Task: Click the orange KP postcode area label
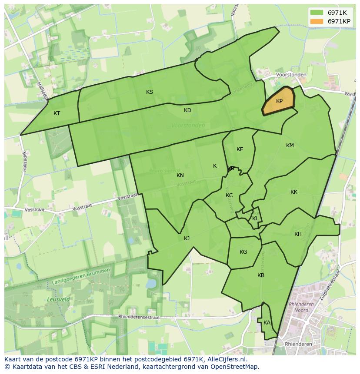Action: [x=279, y=101]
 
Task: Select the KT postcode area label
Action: [x=57, y=113]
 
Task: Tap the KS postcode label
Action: [x=150, y=92]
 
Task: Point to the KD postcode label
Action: [x=187, y=110]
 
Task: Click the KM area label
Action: [x=290, y=146]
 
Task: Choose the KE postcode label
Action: [x=240, y=149]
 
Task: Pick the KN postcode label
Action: [x=180, y=175]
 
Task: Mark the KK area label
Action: [x=294, y=192]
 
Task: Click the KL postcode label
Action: [x=255, y=218]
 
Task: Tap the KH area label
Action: [x=298, y=234]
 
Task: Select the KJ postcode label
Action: [x=187, y=238]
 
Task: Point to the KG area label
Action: [x=243, y=252]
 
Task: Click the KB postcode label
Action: [x=261, y=275]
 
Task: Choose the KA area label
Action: [x=267, y=323]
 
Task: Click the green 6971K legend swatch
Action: [x=317, y=13]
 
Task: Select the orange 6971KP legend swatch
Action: [x=317, y=21]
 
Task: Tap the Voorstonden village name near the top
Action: [x=291, y=75]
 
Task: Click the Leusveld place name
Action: [x=57, y=300]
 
